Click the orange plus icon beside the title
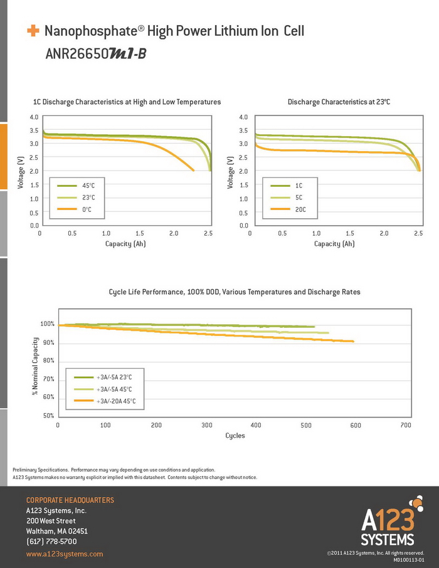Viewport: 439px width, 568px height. (x=32, y=30)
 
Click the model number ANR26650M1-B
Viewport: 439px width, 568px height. (x=96, y=54)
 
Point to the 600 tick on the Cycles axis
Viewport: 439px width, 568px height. (x=356, y=426)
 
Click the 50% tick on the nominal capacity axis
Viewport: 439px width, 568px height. (x=48, y=416)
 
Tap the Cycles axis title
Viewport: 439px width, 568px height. (x=235, y=436)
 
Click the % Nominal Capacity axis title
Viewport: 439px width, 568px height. (x=35, y=366)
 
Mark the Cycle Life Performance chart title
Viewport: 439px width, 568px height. (x=235, y=292)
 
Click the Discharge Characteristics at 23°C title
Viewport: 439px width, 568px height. (x=339, y=102)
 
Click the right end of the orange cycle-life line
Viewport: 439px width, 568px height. (x=354, y=342)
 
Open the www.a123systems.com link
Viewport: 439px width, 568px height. (x=65, y=554)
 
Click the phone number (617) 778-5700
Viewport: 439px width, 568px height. (x=51, y=541)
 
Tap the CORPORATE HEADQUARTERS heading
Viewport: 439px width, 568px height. (x=70, y=500)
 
